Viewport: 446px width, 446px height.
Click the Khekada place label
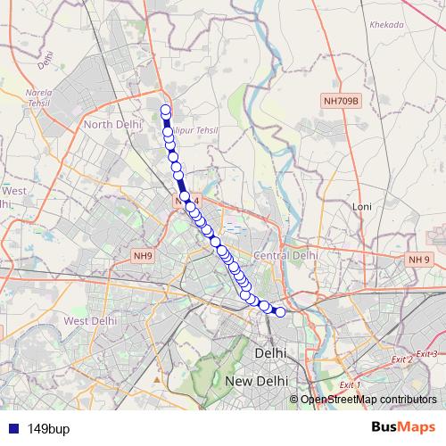(387, 26)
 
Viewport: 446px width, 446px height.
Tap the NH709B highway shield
(341, 102)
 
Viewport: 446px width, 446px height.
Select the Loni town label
(362, 206)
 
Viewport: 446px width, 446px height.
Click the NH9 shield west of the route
(143, 256)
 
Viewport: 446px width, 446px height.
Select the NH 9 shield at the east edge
(419, 260)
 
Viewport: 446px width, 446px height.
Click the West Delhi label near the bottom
(90, 321)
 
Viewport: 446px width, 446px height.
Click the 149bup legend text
(45, 427)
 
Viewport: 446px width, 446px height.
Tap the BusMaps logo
(402, 426)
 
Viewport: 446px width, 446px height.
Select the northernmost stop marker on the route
(165, 111)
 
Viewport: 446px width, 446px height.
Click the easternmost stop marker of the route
(280, 311)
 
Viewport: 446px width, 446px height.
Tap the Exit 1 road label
(351, 384)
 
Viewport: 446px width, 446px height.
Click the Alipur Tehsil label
(198, 131)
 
